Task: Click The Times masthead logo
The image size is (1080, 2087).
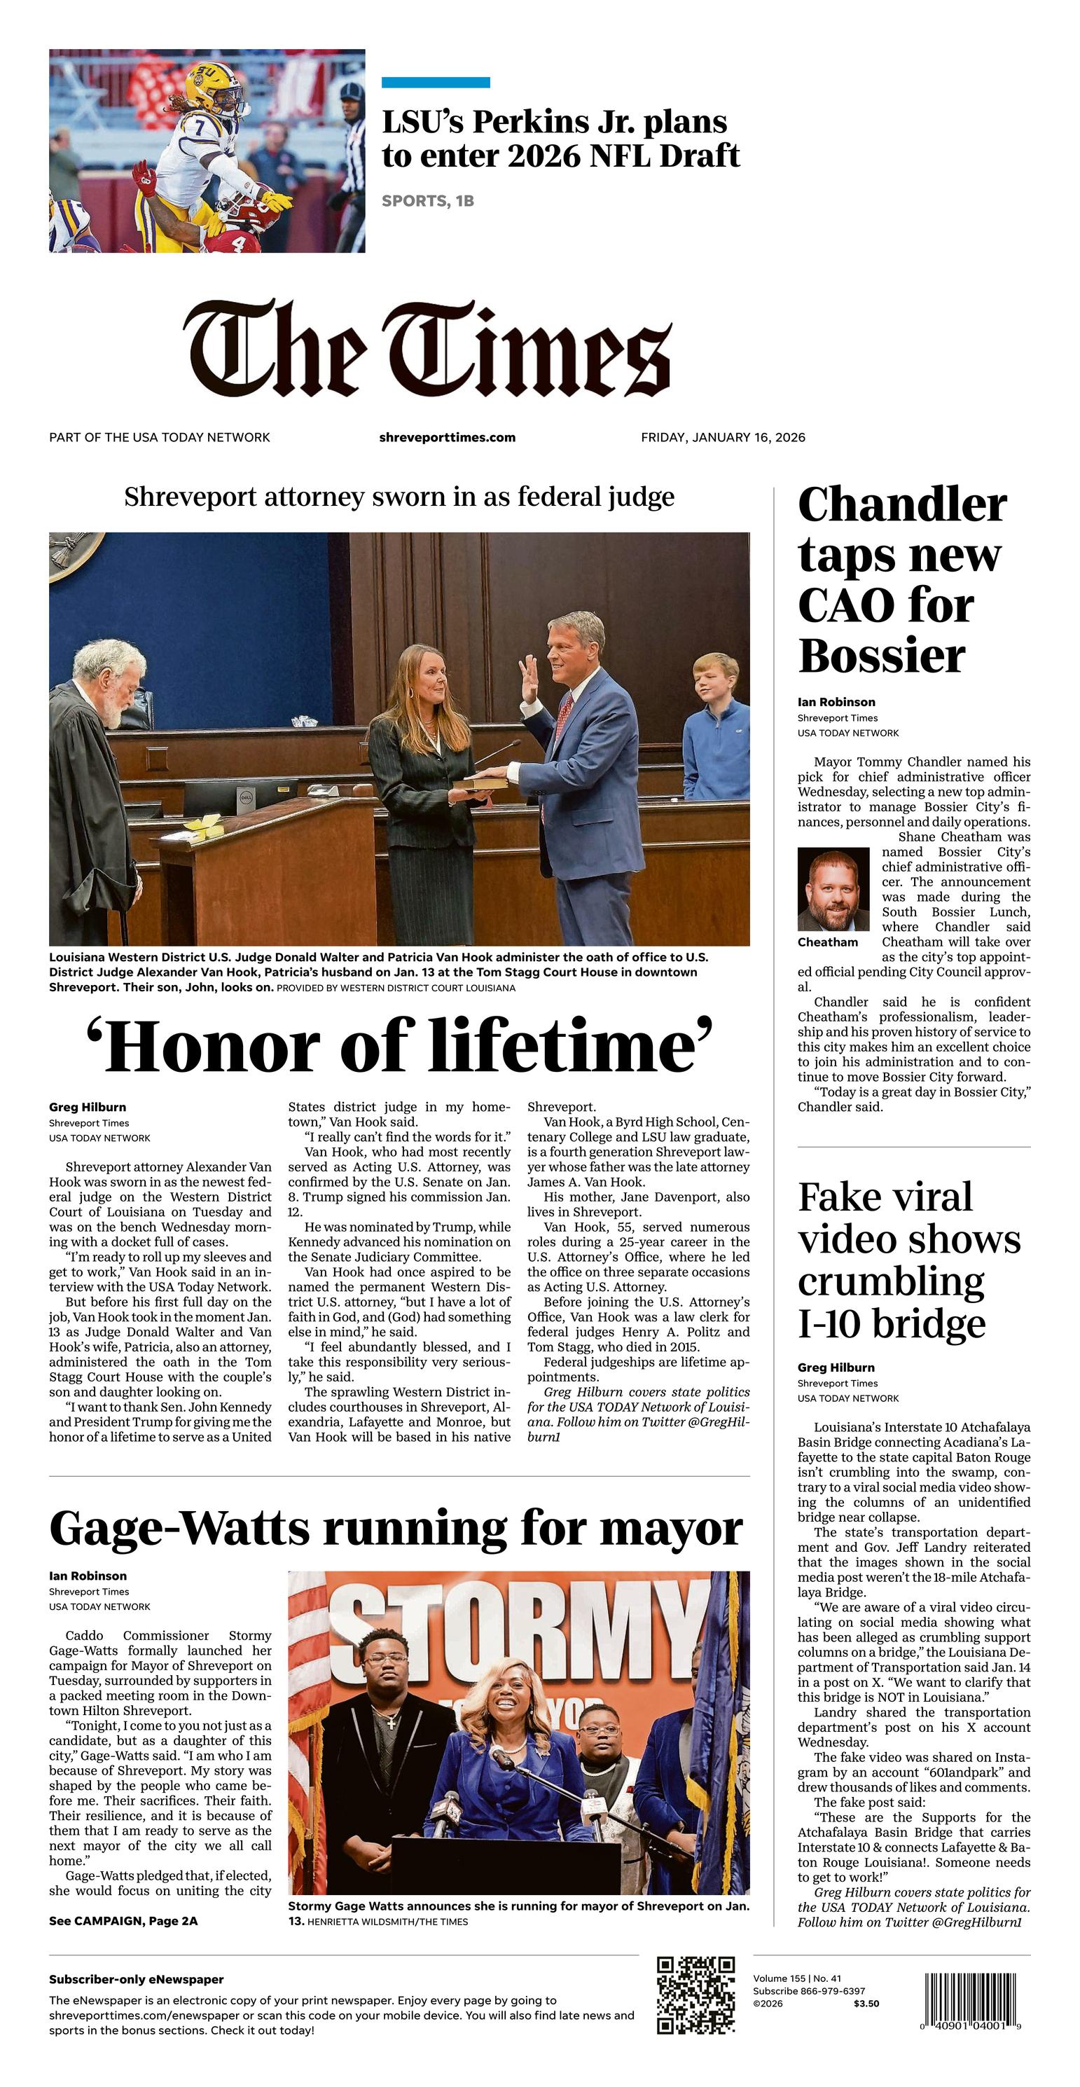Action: (x=428, y=348)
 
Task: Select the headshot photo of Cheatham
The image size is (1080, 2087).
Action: (x=833, y=889)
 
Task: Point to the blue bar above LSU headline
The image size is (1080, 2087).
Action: (x=435, y=82)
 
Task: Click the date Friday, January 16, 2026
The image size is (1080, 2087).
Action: (x=723, y=437)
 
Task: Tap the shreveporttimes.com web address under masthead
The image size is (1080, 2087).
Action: (x=448, y=437)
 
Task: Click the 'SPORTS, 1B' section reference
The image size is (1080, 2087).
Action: (x=428, y=201)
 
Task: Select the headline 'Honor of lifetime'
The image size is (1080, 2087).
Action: (x=399, y=1047)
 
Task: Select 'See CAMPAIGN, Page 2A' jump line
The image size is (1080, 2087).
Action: (x=123, y=1921)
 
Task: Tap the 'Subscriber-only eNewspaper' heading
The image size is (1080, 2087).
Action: (x=136, y=1979)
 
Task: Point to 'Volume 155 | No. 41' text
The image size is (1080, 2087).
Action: (x=796, y=1978)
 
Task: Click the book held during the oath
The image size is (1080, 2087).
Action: (x=480, y=783)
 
